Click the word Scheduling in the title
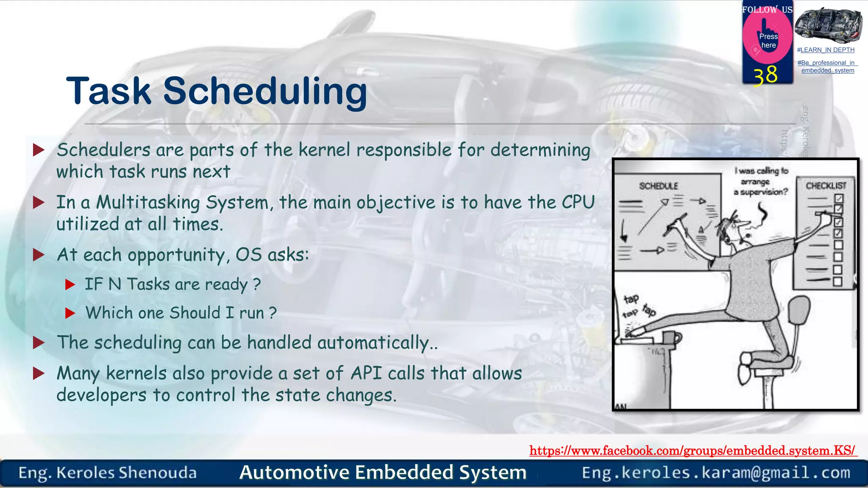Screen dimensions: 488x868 265,91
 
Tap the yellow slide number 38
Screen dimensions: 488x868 765,75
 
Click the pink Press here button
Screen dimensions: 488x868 768,40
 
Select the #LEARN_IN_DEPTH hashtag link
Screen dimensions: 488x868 826,50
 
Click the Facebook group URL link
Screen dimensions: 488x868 693,450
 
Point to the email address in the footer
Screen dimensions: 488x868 716,473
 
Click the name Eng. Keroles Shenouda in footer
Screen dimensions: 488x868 108,473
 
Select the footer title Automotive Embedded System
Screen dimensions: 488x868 383,472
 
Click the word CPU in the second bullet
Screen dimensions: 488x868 578,202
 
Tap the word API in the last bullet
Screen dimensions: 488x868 366,373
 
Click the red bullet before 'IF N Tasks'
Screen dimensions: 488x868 70,285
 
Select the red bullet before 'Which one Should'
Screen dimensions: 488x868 70,313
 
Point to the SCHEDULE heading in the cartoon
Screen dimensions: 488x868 658,186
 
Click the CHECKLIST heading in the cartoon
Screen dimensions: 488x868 826,186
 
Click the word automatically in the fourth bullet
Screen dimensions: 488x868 373,343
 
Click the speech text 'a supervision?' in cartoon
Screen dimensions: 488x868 760,192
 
